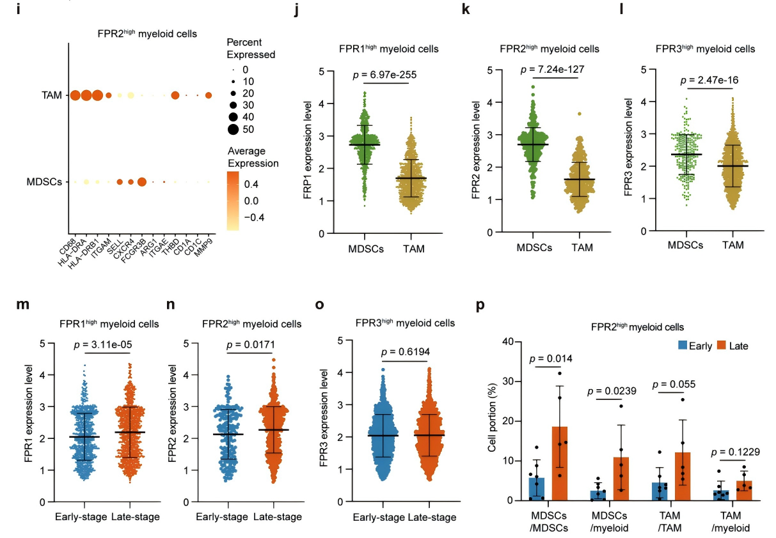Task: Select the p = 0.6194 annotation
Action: pos(404,352)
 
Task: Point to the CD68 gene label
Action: pos(72,243)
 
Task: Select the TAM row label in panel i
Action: pos(52,96)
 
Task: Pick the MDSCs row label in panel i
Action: pos(44,182)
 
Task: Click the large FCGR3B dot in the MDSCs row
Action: pos(141,182)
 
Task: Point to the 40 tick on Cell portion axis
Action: pos(509,342)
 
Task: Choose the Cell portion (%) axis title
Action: pos(492,420)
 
